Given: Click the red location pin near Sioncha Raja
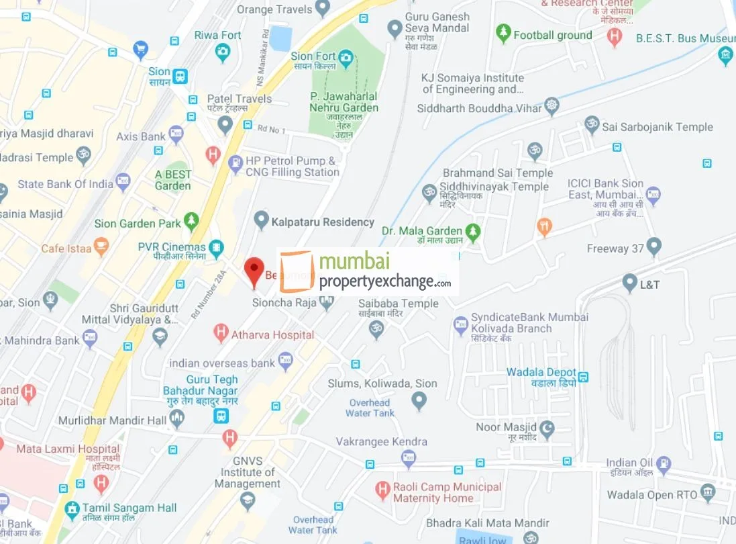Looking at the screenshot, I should pos(254,271).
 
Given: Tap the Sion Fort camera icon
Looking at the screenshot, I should pos(346,57).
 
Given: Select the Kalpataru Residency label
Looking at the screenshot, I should pos(323,222).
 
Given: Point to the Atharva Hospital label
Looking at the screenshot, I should pos(272,334).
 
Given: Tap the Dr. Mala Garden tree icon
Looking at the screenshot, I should pos(474,232).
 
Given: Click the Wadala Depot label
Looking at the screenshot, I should pos(541,373).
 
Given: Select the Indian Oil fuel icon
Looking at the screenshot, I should pos(663,463).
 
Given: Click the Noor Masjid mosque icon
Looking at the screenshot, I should pos(547,428).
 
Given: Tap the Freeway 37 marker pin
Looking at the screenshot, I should pos(653,247).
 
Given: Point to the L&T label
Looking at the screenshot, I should pos(649,285).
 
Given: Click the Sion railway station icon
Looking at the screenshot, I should pos(180,76).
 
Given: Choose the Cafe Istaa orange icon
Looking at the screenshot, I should pos(101,246).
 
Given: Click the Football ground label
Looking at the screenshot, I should pos(553,35).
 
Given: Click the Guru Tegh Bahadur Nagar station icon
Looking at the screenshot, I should pos(220,416).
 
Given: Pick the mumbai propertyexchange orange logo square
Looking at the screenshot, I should pos(297,271).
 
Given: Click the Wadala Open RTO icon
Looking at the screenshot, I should pos(708,494).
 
